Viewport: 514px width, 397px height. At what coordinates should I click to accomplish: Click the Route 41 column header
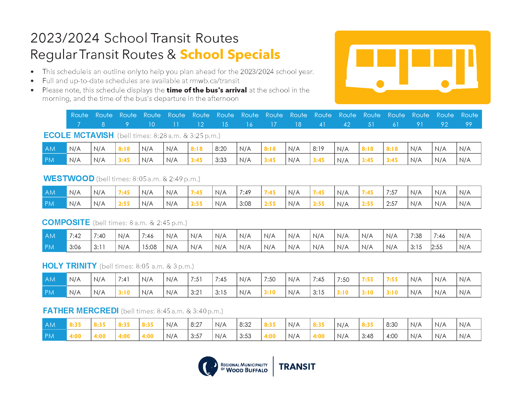click(x=323, y=119)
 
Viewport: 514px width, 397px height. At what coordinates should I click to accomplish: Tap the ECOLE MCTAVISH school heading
click(x=79, y=135)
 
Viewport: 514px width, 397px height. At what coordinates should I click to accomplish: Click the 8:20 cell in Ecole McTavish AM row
click(x=221, y=149)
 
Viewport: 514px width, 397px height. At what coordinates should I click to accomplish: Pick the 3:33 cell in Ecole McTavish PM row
click(x=221, y=160)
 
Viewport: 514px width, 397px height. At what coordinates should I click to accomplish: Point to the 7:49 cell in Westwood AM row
click(x=245, y=192)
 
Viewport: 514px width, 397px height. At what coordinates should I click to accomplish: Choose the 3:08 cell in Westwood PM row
click(x=245, y=204)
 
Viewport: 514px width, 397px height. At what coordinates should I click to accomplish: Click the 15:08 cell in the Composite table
click(x=149, y=247)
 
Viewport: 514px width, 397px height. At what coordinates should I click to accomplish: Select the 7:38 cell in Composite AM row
click(x=416, y=236)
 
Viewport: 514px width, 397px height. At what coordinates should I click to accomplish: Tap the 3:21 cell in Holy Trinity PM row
click(x=196, y=292)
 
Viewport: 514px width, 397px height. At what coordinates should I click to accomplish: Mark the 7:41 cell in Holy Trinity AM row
click(x=124, y=279)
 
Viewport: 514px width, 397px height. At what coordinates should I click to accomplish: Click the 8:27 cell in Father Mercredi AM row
click(x=196, y=325)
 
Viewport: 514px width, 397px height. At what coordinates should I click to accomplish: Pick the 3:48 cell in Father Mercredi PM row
click(x=367, y=336)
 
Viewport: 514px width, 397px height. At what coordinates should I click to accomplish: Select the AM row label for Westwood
click(x=50, y=192)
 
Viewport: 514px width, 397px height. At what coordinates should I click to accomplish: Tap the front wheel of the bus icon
click(x=445, y=84)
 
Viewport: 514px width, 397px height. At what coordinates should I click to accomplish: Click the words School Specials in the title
click(x=230, y=54)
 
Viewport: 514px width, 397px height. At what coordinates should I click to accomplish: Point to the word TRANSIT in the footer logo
click(x=297, y=367)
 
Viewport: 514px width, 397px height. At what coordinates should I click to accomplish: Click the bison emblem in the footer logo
click(x=208, y=366)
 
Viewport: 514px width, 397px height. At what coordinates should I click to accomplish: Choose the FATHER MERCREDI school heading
click(x=81, y=311)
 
